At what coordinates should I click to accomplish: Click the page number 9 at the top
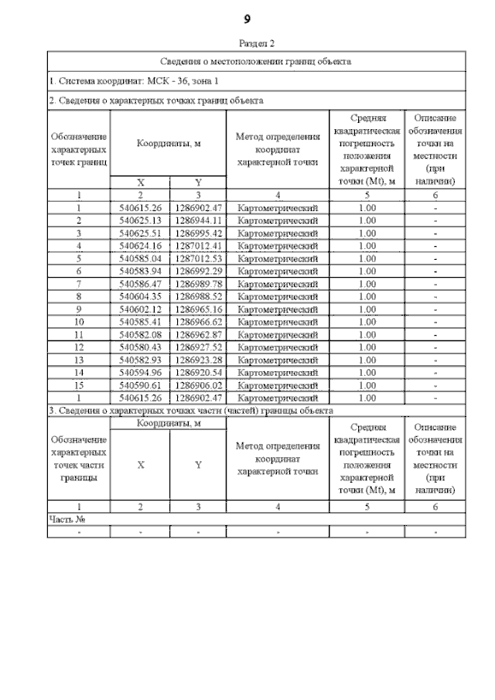click(247, 18)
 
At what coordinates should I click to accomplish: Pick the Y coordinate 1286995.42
click(198, 233)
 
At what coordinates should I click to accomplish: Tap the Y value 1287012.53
click(198, 258)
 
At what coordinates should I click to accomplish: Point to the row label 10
click(79, 321)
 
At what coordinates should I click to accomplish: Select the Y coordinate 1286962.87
click(198, 334)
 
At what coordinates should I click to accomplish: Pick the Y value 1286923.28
click(198, 360)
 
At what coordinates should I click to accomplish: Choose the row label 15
click(79, 384)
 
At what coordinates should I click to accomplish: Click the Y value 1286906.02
click(198, 384)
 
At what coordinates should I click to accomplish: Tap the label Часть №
click(66, 519)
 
